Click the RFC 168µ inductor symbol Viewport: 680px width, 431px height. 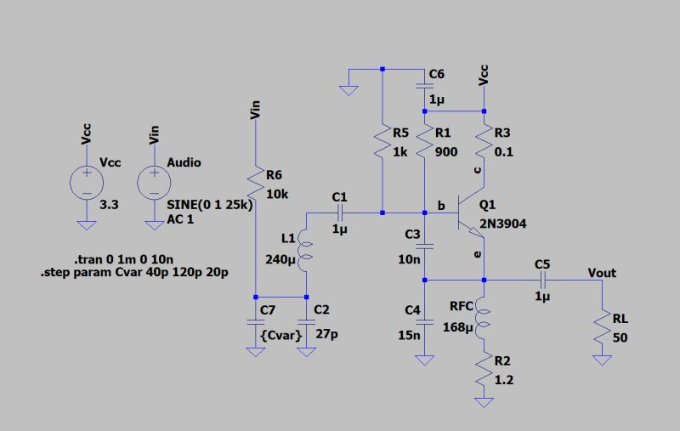tap(484, 319)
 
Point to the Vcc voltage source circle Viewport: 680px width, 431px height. tap(86, 181)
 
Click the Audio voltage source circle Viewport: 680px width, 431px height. tap(154, 181)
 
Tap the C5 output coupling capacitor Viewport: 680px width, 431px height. tap(542, 279)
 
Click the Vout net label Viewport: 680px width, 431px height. tap(602, 273)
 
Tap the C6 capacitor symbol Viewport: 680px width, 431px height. tap(424, 86)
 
